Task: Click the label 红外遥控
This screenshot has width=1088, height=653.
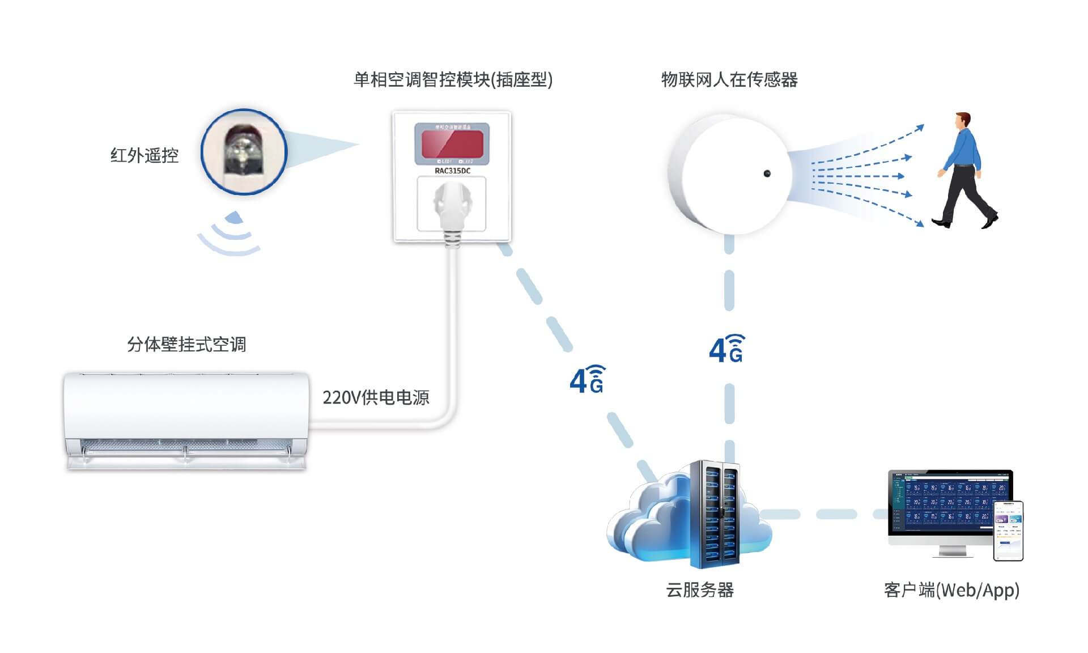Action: point(144,155)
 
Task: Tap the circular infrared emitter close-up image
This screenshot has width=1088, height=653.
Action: point(244,152)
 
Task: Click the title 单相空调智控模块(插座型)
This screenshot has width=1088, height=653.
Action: point(453,80)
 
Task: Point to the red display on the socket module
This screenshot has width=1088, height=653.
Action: point(452,143)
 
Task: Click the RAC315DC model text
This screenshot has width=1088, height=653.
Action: point(452,171)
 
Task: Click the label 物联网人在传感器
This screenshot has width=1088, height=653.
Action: point(729,80)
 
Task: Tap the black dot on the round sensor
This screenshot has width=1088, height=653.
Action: point(767,173)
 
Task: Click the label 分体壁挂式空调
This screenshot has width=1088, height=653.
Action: point(186,345)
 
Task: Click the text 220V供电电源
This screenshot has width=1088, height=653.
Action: point(376,397)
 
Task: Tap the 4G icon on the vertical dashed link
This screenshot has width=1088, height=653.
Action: point(727,349)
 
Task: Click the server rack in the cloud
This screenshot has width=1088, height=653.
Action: point(714,514)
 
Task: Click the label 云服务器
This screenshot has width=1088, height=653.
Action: point(700,590)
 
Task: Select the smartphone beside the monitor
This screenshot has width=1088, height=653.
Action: point(1009,531)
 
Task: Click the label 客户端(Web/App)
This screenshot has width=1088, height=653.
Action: point(951,590)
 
